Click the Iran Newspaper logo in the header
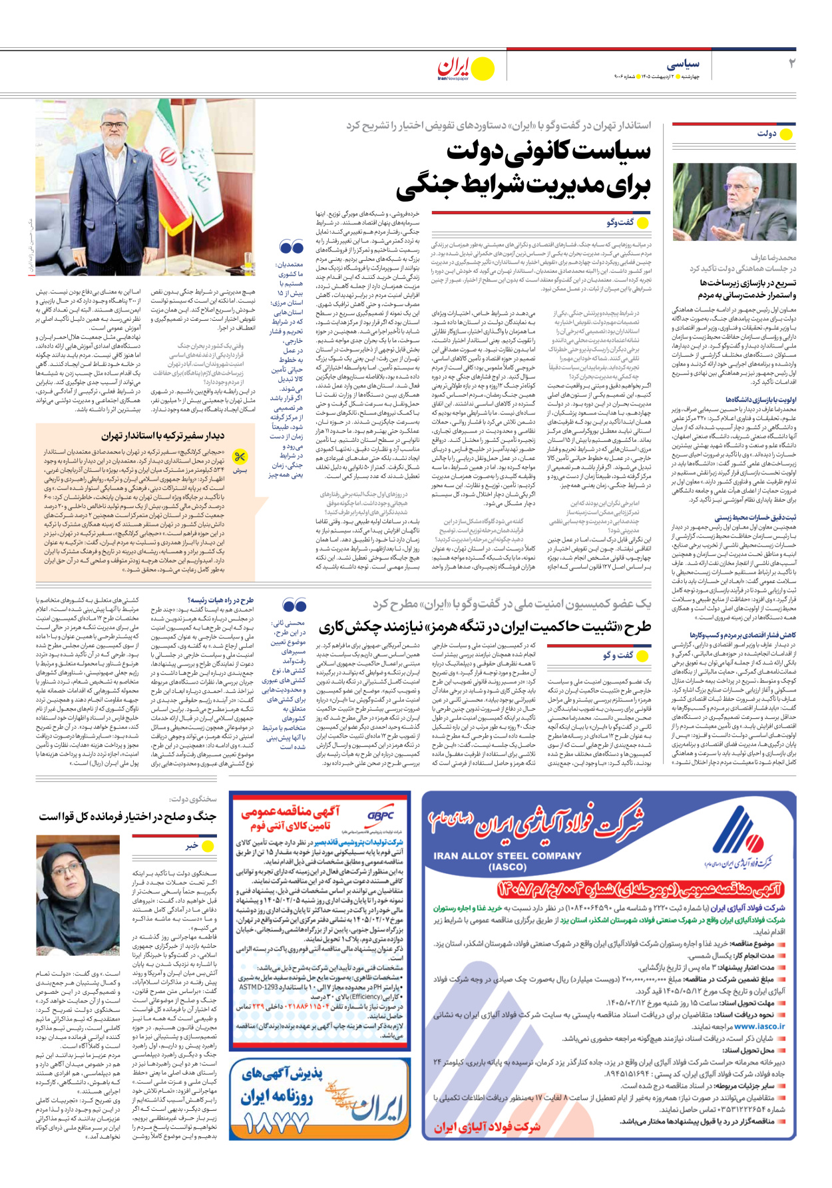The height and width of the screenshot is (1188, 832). click(455, 67)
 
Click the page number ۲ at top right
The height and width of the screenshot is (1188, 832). click(791, 64)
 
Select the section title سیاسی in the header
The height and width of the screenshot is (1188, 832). click(683, 64)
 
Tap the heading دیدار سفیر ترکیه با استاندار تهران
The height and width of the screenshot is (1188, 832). click(162, 436)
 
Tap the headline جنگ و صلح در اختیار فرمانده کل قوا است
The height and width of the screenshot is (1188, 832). click(127, 816)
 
